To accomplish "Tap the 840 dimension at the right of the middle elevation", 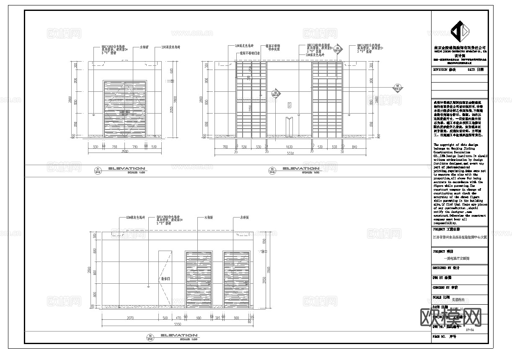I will (x=356, y=147).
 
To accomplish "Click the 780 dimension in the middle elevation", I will (x=225, y=147).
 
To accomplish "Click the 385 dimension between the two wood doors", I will (x=217, y=318).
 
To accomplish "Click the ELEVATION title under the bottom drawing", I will (x=179, y=335).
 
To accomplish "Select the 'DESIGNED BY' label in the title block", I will (x=446, y=268).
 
